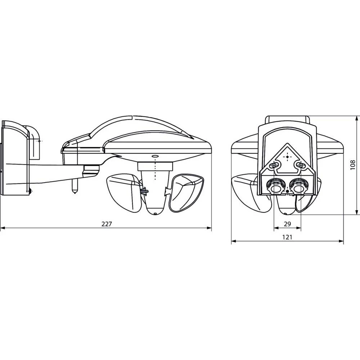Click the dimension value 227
click(x=107, y=224)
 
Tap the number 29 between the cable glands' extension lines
click(x=287, y=224)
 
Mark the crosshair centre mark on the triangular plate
click(x=287, y=156)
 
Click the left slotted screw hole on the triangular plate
click(x=275, y=165)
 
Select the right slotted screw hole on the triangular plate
click(x=299, y=165)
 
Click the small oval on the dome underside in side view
click(x=155, y=156)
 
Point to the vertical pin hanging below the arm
click(x=75, y=186)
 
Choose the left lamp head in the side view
click(x=124, y=193)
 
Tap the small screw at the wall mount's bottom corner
click(x=30, y=190)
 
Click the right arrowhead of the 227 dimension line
click(x=210, y=228)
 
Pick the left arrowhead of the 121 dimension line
click(x=233, y=241)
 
